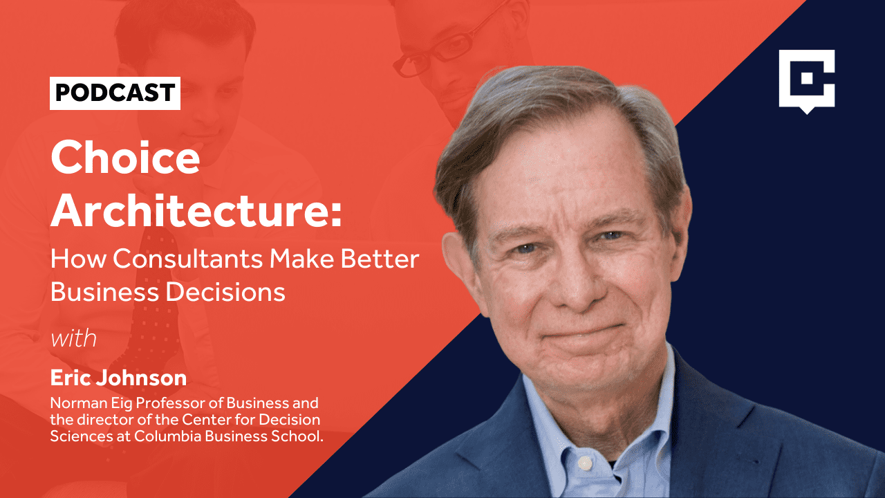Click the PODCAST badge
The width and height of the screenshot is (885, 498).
[115, 93]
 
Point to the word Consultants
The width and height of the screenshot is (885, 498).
[188, 259]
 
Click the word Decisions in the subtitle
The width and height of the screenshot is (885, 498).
[225, 293]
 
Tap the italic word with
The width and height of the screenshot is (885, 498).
[74, 339]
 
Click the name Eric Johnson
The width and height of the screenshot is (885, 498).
[118, 378]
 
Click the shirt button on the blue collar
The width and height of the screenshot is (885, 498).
[585, 463]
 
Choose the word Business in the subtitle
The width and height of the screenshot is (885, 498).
[104, 293]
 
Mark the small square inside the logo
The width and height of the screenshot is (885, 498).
[807, 79]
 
